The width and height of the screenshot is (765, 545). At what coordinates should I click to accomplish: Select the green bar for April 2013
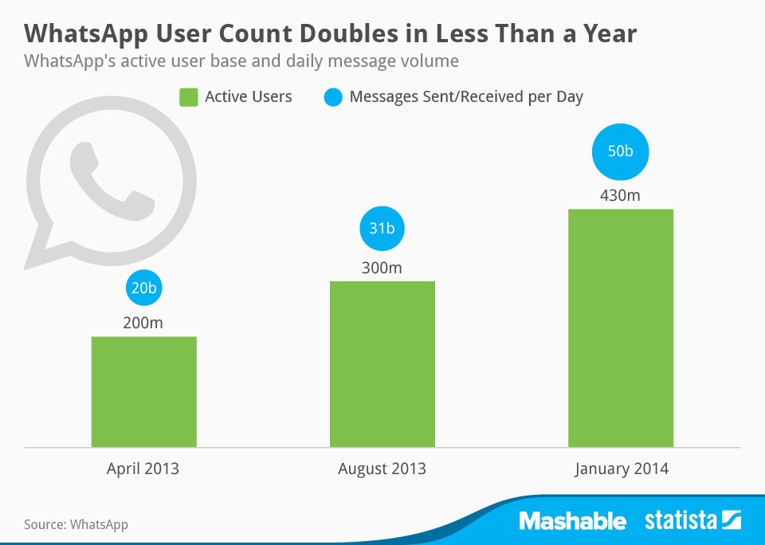point(143,391)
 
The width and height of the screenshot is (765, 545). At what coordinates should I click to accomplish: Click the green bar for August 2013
point(382,364)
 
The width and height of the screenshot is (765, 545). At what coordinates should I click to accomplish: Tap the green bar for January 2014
point(621,327)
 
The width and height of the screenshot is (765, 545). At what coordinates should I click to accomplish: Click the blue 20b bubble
point(143,289)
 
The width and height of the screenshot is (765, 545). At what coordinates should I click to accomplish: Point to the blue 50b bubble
point(621,151)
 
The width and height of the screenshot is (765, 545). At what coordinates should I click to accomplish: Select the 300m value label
point(382,267)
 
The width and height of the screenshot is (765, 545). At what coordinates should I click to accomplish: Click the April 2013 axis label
point(143,469)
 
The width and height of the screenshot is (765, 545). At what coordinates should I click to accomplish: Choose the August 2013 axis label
point(382,469)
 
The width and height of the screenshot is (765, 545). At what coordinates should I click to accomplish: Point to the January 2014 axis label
point(621,469)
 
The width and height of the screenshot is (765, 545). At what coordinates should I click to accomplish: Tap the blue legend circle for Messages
point(333,97)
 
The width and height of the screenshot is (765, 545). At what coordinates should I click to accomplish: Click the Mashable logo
point(572,521)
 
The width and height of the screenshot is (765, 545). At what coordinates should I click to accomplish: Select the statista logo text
point(682,521)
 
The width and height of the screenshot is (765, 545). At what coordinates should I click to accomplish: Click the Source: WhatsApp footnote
point(76,524)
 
